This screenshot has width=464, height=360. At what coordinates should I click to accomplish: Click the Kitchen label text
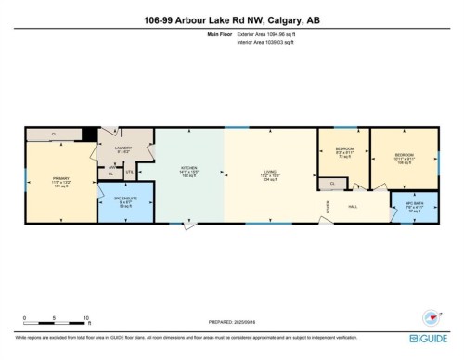point(189,172)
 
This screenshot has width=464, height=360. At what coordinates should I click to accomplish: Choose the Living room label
point(270,172)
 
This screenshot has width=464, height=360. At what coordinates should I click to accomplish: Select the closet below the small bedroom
point(331,184)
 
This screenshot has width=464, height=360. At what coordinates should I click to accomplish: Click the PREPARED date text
point(231,322)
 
